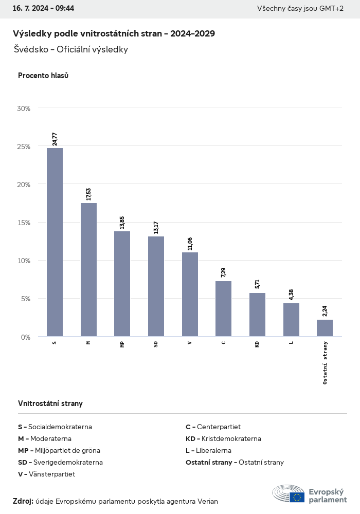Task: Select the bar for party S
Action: tap(55, 242)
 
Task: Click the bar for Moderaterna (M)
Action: tap(88, 269)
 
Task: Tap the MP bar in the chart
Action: tap(122, 284)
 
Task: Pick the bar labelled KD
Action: tap(257, 315)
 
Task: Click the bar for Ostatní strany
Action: tap(325, 328)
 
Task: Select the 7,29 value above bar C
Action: tap(223, 272)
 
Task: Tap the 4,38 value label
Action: tap(291, 295)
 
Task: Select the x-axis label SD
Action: tap(156, 344)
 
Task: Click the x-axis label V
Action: tap(190, 342)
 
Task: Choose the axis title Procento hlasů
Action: tap(43, 76)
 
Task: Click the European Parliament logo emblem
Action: tap(289, 493)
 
